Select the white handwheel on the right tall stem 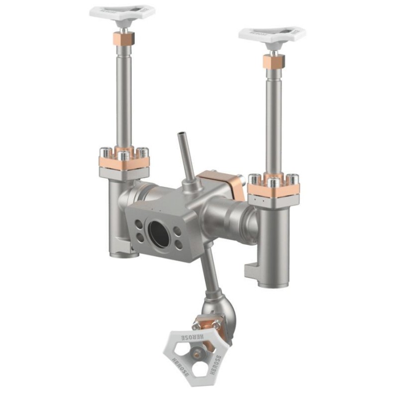272,34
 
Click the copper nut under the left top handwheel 123,37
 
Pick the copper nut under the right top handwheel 274,61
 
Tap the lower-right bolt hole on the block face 178,245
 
